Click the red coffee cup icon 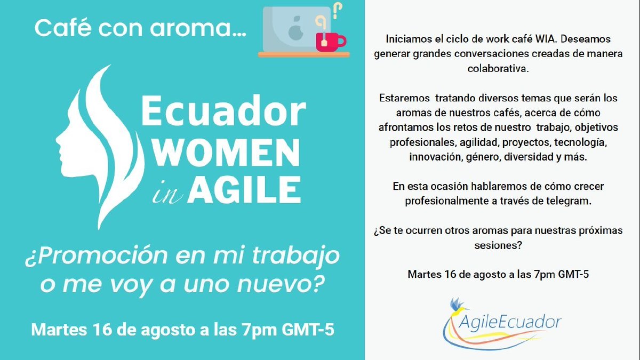point(330,41)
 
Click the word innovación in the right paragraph point(433,157)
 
